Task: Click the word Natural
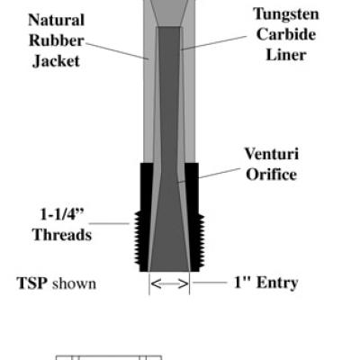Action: click(56, 21)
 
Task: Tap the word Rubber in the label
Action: click(57, 40)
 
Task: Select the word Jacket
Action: click(56, 61)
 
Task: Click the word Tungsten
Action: click(286, 14)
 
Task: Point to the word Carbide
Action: click(286, 34)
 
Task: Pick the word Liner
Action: click(286, 55)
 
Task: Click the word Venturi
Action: click(272, 154)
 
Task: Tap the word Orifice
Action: click(272, 175)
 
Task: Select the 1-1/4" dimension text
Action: click(62, 214)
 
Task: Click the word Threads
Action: click(62, 235)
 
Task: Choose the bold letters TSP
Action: click(32, 283)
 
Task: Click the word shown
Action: click(74, 283)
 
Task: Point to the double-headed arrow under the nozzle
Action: click(169, 283)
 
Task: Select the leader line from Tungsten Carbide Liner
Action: click(214, 43)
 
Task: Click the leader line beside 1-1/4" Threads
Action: click(109, 223)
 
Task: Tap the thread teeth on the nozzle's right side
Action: click(202, 239)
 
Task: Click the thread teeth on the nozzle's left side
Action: click(137, 238)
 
